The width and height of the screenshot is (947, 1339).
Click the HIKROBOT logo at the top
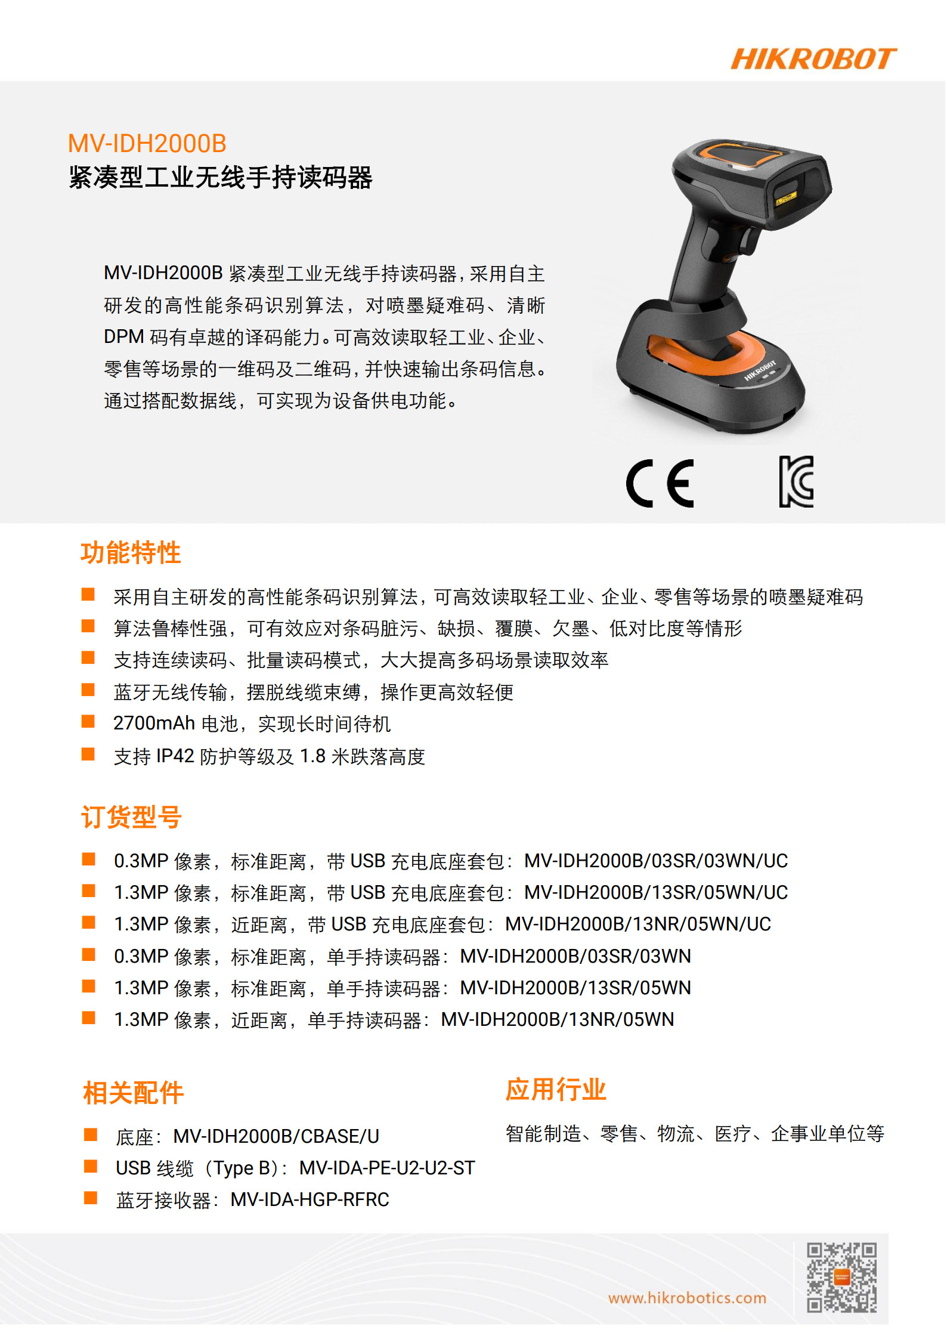813,59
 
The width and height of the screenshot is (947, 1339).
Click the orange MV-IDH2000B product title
147,144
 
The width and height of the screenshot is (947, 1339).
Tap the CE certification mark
660,483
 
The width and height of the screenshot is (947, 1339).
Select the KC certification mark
797,482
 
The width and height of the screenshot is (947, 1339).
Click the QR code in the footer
841,1277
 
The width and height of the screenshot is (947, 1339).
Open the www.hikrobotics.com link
687,1298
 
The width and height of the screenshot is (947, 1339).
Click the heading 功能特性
131,552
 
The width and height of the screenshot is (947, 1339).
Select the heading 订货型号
131,817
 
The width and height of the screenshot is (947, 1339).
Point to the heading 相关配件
133,1093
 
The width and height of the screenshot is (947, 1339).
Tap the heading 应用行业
556,1089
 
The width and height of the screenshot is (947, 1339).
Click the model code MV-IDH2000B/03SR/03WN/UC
656,861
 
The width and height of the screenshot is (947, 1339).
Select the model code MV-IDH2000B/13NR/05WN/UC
638,924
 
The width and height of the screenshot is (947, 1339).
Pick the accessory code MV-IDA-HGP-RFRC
310,1199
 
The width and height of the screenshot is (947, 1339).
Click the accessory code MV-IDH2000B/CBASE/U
276,1136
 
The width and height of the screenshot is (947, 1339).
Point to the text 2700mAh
154,723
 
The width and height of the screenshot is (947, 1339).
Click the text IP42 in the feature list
175,756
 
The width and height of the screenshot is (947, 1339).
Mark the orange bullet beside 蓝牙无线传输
88,691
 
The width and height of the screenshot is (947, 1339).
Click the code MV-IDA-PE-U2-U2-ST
387,1168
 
